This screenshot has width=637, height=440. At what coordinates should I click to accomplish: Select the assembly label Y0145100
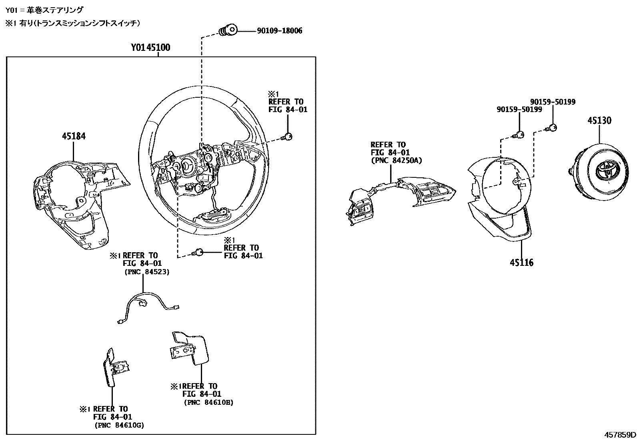click(150, 48)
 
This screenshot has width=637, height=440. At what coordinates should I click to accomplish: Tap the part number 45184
click(74, 136)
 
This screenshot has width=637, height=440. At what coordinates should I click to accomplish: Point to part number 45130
click(599, 121)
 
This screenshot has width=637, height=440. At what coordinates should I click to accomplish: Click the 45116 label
click(521, 263)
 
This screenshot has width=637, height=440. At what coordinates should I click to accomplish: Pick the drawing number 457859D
click(620, 434)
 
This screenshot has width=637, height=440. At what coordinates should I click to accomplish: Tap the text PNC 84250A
click(396, 161)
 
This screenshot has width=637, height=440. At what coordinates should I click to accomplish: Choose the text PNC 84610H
click(208, 402)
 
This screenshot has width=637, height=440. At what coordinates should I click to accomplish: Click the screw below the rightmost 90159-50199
click(552, 128)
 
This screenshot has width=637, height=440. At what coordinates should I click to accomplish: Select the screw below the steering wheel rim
click(198, 252)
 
